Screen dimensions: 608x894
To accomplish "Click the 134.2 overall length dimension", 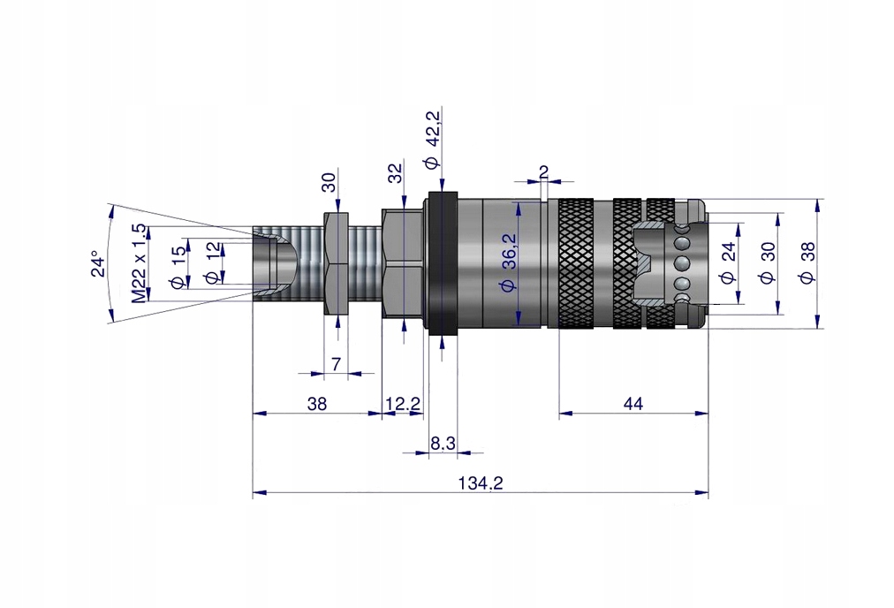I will coord(481,483).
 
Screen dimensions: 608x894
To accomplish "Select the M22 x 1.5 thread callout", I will coord(139,263).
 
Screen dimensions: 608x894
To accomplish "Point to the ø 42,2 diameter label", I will coord(432,140).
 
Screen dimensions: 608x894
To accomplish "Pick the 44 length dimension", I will coord(633,404).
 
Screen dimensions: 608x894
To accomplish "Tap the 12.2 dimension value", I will coord(403,404).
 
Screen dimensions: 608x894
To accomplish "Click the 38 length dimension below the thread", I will coord(317,404).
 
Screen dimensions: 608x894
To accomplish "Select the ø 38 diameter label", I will coord(805,263).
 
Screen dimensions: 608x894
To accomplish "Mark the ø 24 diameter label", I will coord(728,263).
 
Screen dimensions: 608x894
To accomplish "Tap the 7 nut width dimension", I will coord(335,363).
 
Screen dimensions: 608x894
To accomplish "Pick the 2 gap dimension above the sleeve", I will coord(543,171).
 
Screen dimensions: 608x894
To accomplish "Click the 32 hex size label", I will coord(395,173).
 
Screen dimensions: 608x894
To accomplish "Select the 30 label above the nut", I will coord(329,183).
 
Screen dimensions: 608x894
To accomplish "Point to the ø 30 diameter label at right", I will coord(767,263).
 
